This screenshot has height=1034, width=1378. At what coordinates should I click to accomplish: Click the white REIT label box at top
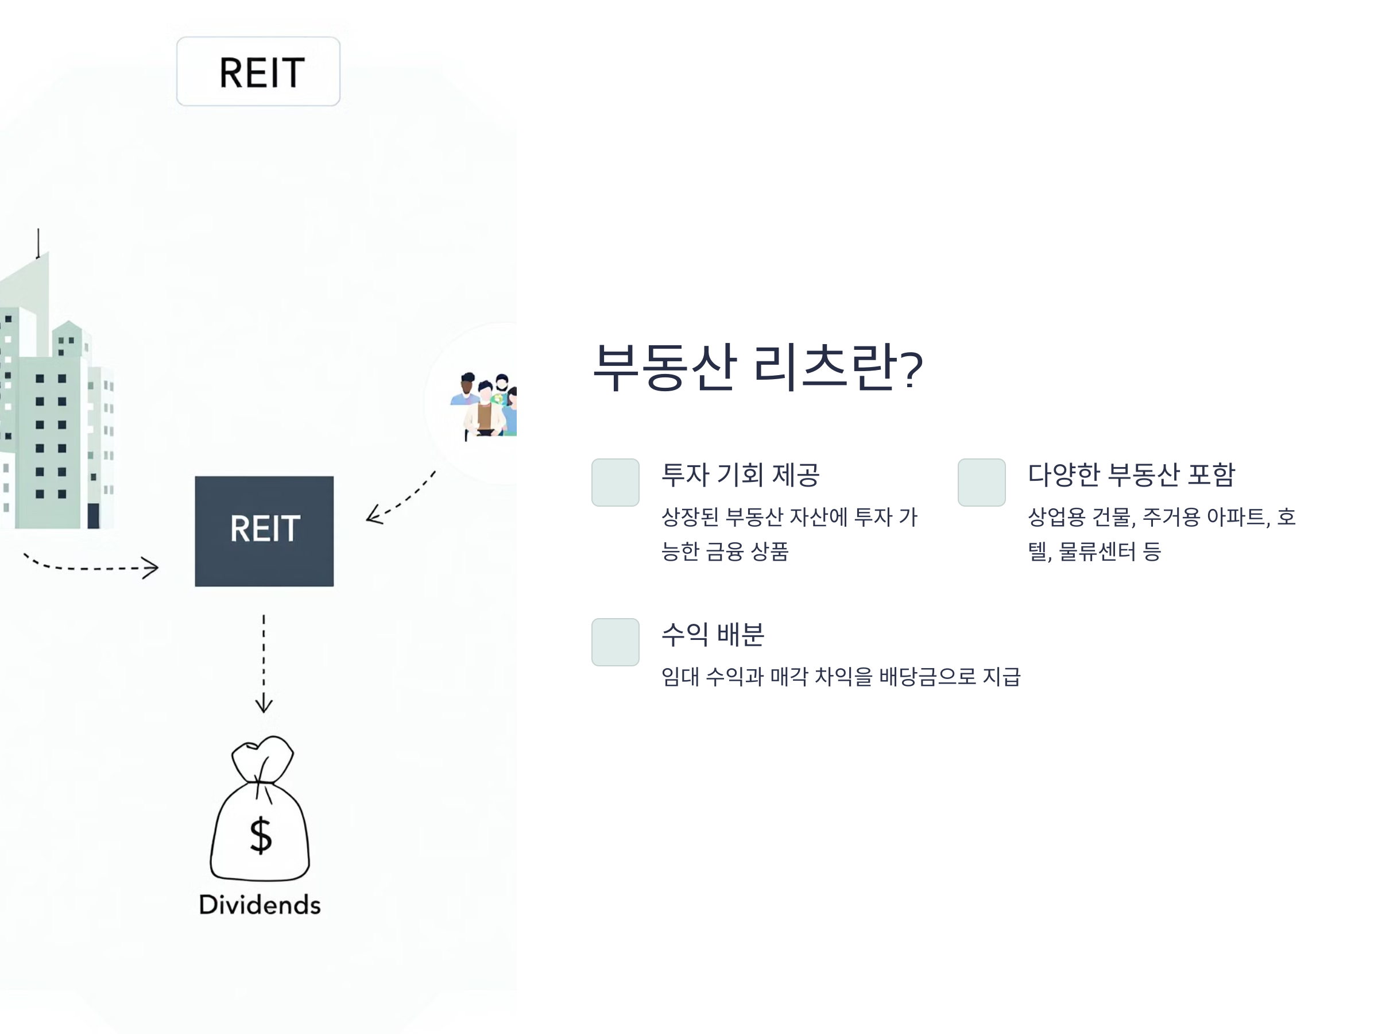pos(258,71)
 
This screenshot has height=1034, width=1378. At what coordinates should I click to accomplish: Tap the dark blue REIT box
pos(264,530)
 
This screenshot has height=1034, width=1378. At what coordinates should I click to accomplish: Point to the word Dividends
pos(260,904)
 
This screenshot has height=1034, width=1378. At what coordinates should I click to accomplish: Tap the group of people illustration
pos(485,405)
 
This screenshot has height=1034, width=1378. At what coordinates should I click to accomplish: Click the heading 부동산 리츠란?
pos(757,367)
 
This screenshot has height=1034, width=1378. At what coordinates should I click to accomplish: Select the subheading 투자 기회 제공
pos(740,475)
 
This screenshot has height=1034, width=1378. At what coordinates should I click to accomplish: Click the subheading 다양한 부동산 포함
pos(1131,475)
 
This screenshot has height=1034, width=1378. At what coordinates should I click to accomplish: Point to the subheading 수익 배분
pos(713,635)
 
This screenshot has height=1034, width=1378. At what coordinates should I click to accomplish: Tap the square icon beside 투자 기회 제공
pos(615,483)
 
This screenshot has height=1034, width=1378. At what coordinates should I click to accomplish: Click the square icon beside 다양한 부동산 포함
pos(981,483)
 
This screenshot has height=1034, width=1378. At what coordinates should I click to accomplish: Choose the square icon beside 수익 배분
pos(615,642)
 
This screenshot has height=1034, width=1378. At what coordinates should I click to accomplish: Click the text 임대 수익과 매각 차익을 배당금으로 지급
pos(841,676)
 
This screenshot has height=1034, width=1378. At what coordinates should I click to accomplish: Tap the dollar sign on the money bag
pos(261,835)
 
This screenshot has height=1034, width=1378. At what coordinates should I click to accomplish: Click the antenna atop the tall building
pos(38,243)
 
